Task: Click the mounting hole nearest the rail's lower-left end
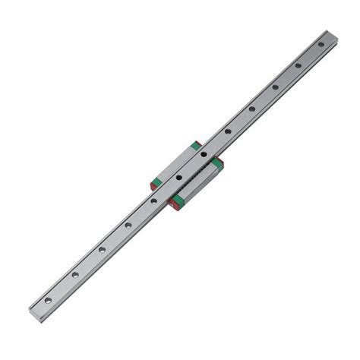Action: coord(48,300)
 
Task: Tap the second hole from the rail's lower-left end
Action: coord(75,274)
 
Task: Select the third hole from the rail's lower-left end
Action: coord(102,249)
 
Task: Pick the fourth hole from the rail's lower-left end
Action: coord(128,225)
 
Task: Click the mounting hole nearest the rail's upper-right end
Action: coord(321,44)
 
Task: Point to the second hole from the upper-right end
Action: coord(298,65)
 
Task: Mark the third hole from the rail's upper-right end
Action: coord(274,87)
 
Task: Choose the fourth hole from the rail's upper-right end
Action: coord(251,109)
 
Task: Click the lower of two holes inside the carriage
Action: coord(178,178)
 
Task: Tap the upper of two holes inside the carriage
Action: coord(203,154)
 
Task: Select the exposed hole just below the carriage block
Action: coord(153,201)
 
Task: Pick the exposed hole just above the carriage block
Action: coord(227,131)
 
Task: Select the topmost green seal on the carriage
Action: coord(196,144)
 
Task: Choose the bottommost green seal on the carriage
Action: coord(178,200)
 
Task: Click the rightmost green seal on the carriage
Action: coord(217,163)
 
